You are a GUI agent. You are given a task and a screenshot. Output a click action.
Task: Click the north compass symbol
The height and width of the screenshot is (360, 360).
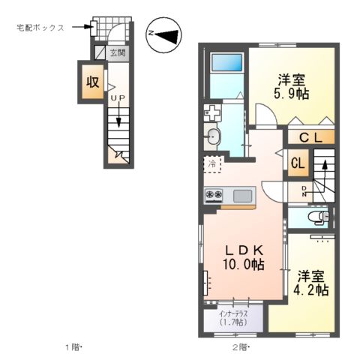click(163, 34)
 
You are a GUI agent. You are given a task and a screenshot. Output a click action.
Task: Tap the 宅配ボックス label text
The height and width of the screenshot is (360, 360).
click(40, 28)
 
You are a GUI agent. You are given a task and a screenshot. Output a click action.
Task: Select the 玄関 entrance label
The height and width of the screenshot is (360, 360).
click(117, 53)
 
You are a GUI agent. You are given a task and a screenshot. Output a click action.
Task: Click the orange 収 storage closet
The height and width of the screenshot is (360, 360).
click(92, 82)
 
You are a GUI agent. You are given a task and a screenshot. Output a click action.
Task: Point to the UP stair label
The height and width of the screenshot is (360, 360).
click(117, 98)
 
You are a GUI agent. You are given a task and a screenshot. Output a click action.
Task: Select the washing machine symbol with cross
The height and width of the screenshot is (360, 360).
click(211, 115)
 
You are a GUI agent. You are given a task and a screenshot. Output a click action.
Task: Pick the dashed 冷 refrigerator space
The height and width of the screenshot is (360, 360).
click(212, 163)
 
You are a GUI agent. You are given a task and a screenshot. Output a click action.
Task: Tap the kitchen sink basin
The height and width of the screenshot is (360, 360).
click(242, 196)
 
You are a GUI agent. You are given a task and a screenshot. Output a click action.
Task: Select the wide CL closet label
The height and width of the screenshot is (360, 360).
click(311, 137)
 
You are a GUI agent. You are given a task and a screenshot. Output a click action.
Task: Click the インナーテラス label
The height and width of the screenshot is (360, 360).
click(234, 317)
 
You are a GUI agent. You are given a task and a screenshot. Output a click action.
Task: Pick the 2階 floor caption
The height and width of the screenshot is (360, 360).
click(240, 346)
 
